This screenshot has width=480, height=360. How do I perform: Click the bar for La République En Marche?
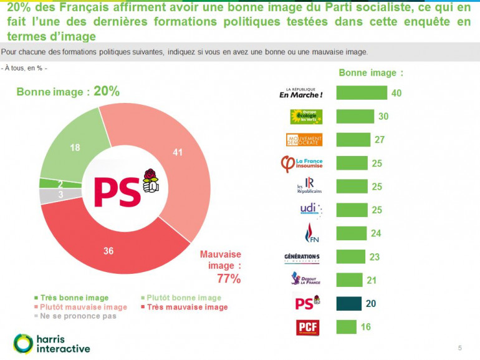pyautogui.click(x=362, y=93)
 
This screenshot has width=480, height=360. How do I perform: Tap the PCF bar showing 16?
pyautogui.click(x=346, y=326)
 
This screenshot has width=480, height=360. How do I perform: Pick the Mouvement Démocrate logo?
pyautogui.click(x=304, y=140)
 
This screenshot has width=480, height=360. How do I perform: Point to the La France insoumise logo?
pyautogui.click(x=302, y=164)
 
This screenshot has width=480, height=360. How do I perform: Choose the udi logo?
pyautogui.click(x=307, y=210)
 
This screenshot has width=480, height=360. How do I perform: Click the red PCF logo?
pyautogui.click(x=308, y=327)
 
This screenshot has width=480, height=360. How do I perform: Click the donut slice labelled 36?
pyautogui.click(x=109, y=250)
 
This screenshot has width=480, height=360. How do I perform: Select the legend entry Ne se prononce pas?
pyautogui.click(x=77, y=316)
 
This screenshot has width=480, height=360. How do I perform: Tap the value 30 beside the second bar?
pyautogui.click(x=384, y=117)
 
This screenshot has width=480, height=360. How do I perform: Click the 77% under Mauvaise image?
pyautogui.click(x=228, y=279)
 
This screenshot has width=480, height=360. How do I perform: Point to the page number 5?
pyautogui.click(x=459, y=348)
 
